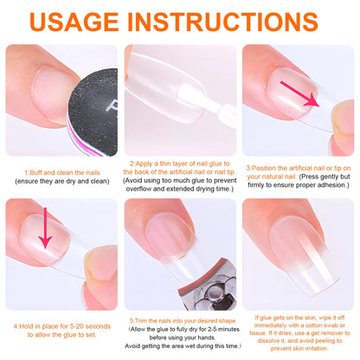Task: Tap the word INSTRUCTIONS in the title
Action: (x=233, y=20)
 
